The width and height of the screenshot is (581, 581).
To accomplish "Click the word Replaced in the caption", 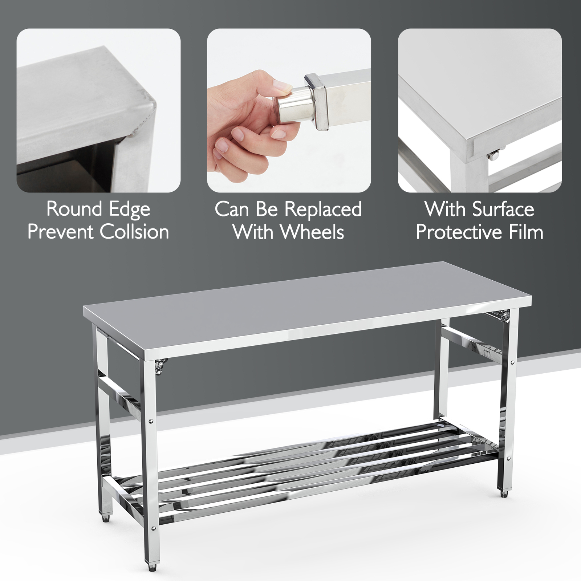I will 323,209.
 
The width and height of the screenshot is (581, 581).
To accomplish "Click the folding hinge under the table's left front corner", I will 160,365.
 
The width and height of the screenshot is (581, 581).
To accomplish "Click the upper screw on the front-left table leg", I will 151,421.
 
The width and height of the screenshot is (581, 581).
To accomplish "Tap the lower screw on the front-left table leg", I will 151,526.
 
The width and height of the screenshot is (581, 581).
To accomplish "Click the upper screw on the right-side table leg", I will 512,362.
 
